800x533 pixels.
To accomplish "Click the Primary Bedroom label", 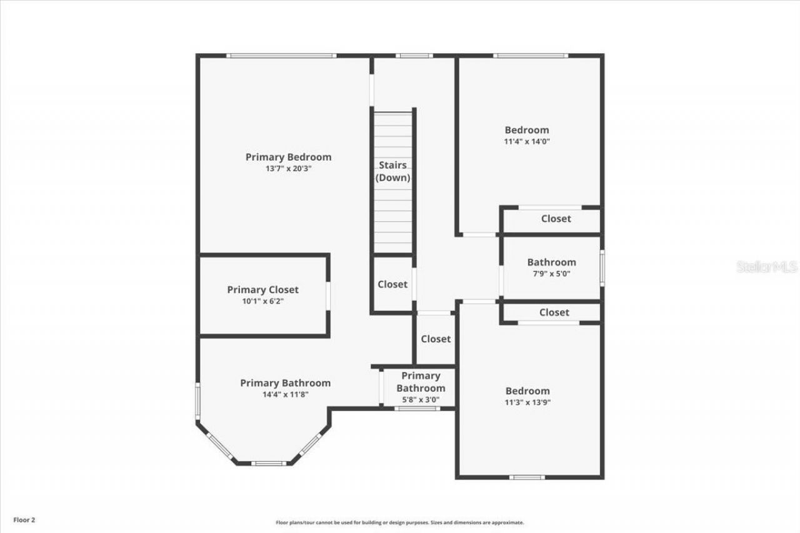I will click(x=288, y=157).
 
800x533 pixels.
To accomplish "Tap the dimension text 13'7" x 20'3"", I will click(x=288, y=169).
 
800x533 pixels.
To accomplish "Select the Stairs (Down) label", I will click(x=392, y=171).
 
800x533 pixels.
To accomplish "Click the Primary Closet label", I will click(x=262, y=290).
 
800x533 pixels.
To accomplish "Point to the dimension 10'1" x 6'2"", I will click(x=262, y=301).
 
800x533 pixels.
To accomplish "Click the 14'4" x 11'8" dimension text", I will click(x=285, y=394).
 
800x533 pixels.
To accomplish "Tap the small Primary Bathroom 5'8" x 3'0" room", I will click(x=420, y=387).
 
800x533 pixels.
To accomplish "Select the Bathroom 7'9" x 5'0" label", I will click(x=551, y=262).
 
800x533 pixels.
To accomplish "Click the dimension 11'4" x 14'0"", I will click(x=527, y=141).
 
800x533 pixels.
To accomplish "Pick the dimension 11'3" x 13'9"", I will click(x=527, y=402).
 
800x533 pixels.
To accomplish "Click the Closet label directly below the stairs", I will click(x=392, y=284).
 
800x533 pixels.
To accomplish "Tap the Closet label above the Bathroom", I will click(x=556, y=219).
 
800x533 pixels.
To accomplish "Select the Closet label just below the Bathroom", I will click(x=554, y=312).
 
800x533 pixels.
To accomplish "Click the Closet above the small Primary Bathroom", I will click(x=436, y=339).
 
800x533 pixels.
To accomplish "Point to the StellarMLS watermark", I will click(x=767, y=267).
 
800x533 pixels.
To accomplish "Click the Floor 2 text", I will click(x=24, y=519).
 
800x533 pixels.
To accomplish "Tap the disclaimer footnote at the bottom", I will click(x=400, y=522).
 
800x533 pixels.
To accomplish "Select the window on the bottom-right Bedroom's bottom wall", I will click(x=527, y=477).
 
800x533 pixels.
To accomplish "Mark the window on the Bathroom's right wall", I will click(x=602, y=268).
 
